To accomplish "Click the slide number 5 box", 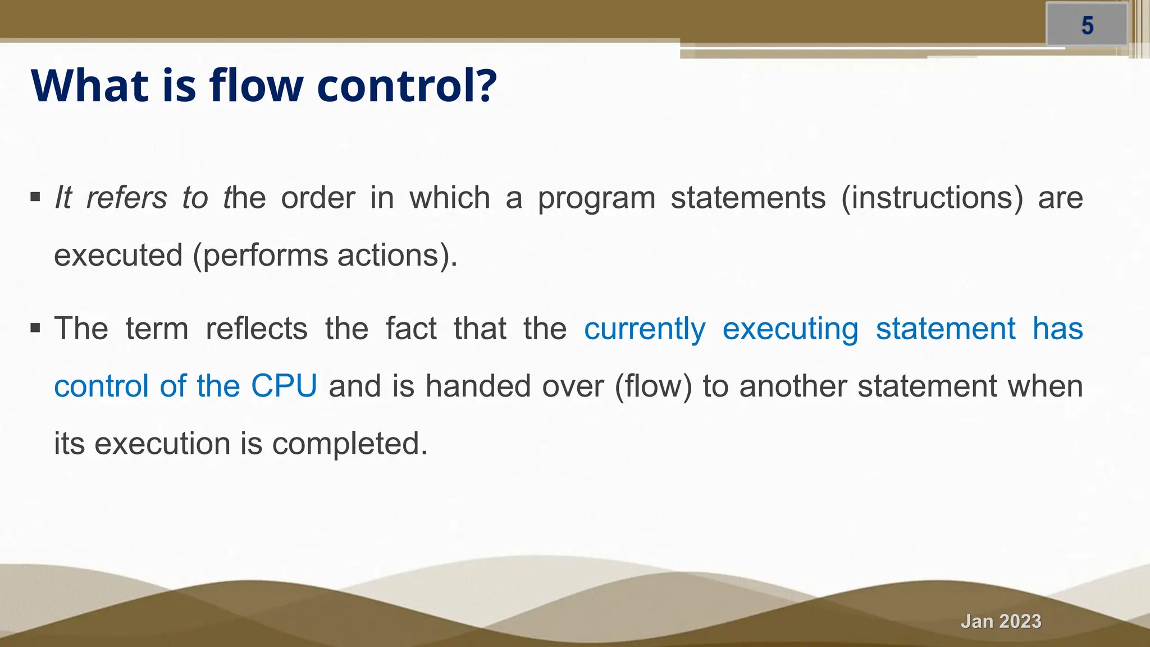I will coord(1087,25).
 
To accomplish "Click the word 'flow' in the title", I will coord(255,85).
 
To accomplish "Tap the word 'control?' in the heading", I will coord(407,85).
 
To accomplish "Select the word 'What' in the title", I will coord(90,85).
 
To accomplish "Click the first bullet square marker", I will coord(35,197).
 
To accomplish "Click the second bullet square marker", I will coord(35,328).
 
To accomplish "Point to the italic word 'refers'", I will coord(126,198).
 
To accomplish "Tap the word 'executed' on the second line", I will coord(118,256).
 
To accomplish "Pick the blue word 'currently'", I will coord(645,329).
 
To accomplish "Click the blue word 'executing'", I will coord(790,329).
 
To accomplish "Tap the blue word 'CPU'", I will coord(284,386).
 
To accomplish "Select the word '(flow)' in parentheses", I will coord(654,386).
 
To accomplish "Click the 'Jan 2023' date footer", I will coord(1001,621).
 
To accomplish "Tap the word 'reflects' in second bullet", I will coord(257,329).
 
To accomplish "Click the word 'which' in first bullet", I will coord(450,198).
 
